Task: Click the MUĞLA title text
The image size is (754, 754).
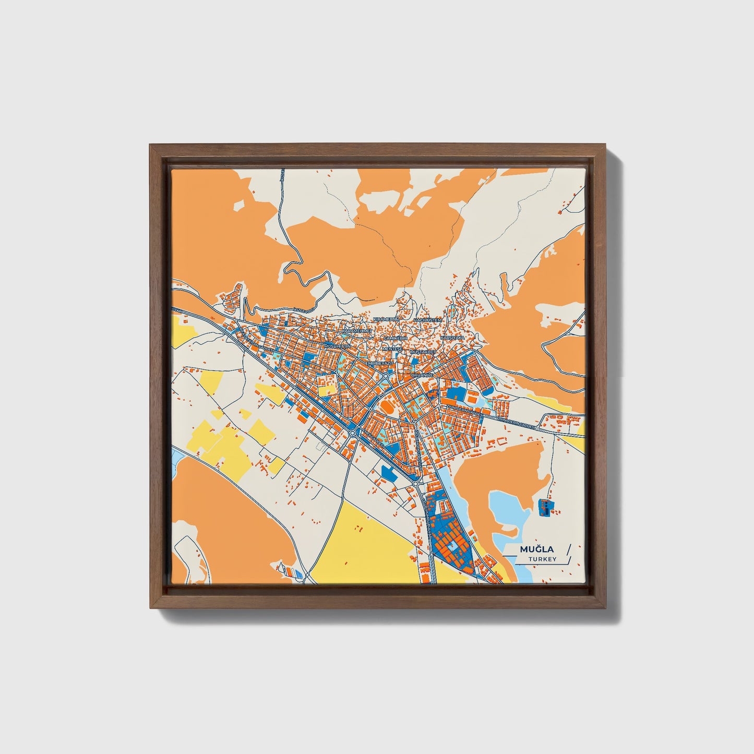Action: pos(536,549)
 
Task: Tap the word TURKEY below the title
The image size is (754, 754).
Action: pos(542,559)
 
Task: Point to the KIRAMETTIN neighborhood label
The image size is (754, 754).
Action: pos(386,319)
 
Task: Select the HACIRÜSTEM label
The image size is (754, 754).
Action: pos(427,319)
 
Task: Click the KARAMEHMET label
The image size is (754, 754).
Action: pos(356,331)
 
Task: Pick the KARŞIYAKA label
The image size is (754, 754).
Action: pos(452,338)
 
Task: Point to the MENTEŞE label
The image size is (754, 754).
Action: pos(393,348)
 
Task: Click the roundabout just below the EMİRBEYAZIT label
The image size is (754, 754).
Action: pos(385,376)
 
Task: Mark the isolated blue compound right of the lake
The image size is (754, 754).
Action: pos(544,507)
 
